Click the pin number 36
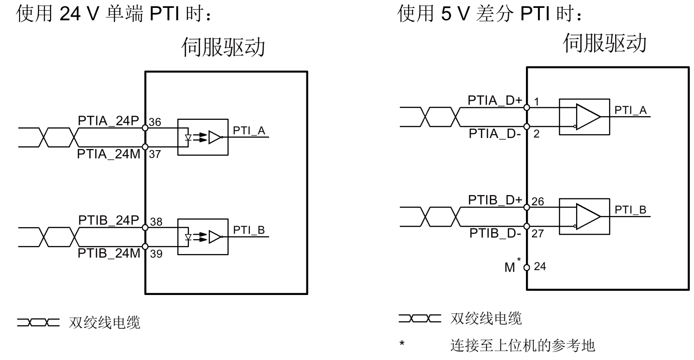(x=155, y=122)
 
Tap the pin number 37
(x=155, y=155)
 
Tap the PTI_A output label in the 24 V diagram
(x=249, y=131)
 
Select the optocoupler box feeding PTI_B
(x=203, y=237)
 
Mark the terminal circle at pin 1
(x=527, y=108)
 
